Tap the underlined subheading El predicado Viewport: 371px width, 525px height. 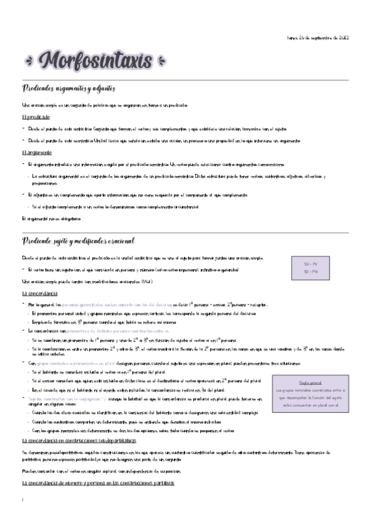click(x=35, y=117)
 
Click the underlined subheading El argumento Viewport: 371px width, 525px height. click(x=37, y=152)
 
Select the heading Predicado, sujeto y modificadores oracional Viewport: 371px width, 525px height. click(x=79, y=241)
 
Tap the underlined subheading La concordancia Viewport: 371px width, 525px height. click(x=41, y=293)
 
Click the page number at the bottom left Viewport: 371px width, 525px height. click(x=22, y=500)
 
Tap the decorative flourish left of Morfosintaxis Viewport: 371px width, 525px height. click(x=29, y=63)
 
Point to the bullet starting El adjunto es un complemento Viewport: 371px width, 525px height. click(x=130, y=195)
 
